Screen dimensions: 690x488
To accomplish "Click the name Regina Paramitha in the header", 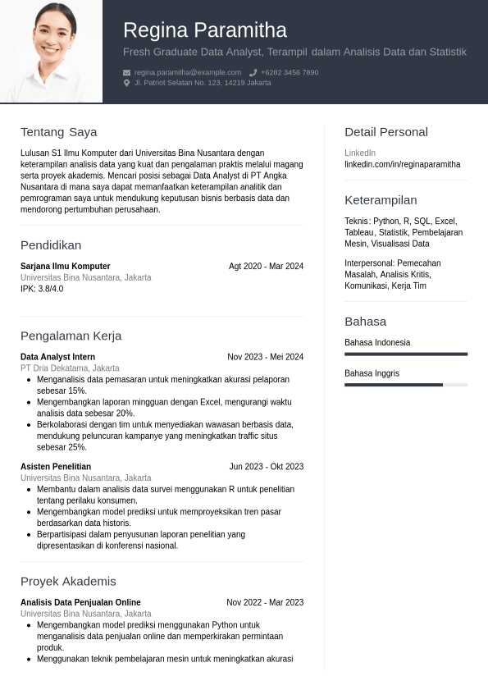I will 205,30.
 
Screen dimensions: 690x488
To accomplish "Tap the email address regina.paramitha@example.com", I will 188,72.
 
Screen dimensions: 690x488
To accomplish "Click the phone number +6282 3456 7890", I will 290,72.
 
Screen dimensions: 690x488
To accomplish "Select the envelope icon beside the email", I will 127,72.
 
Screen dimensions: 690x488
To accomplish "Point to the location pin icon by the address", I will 127,83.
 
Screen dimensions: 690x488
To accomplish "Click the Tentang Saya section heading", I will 58,132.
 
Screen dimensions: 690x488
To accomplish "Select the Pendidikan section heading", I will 51,245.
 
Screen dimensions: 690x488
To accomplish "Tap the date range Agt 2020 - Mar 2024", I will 266,266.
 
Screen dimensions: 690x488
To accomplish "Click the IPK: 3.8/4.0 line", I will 42,289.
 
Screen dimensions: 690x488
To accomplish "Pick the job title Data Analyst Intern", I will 57,357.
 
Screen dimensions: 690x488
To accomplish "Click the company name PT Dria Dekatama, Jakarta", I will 70,368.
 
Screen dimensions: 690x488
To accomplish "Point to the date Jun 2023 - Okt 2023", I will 266,467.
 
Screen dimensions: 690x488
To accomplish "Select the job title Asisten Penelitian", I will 56,467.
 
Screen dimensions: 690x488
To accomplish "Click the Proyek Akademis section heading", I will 68,582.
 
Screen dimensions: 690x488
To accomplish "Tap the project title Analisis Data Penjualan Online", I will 80,602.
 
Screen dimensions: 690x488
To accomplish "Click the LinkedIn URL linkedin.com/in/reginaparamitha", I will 402,164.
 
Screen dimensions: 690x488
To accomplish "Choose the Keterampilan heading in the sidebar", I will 381,200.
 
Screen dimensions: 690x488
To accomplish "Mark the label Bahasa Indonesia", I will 377,343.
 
